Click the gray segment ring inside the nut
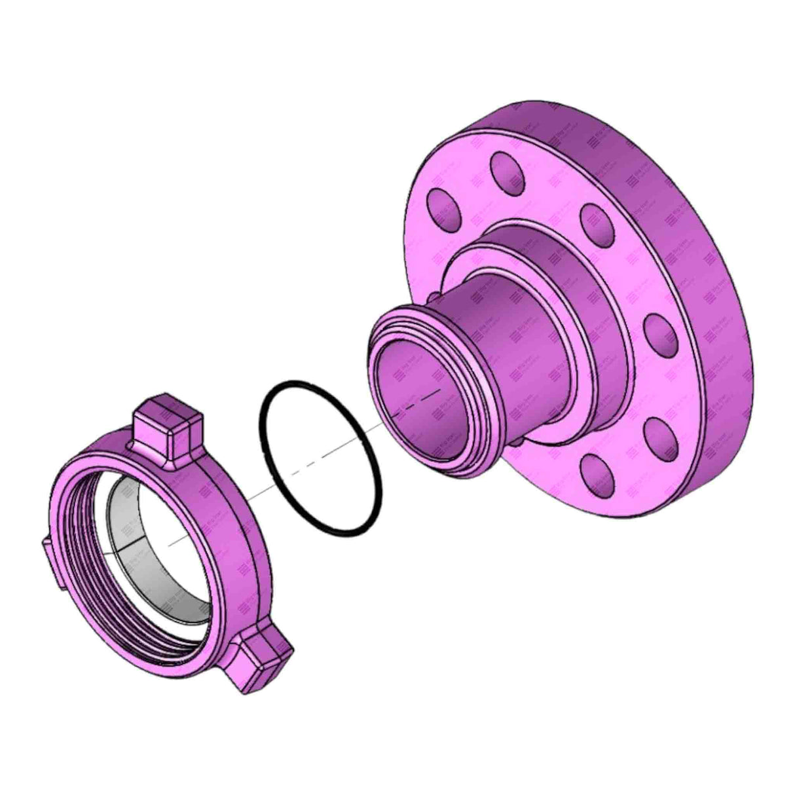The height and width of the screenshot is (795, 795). (x=124, y=524)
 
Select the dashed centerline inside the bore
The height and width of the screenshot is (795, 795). (x=419, y=401)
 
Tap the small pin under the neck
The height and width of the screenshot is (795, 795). (x=517, y=443)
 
